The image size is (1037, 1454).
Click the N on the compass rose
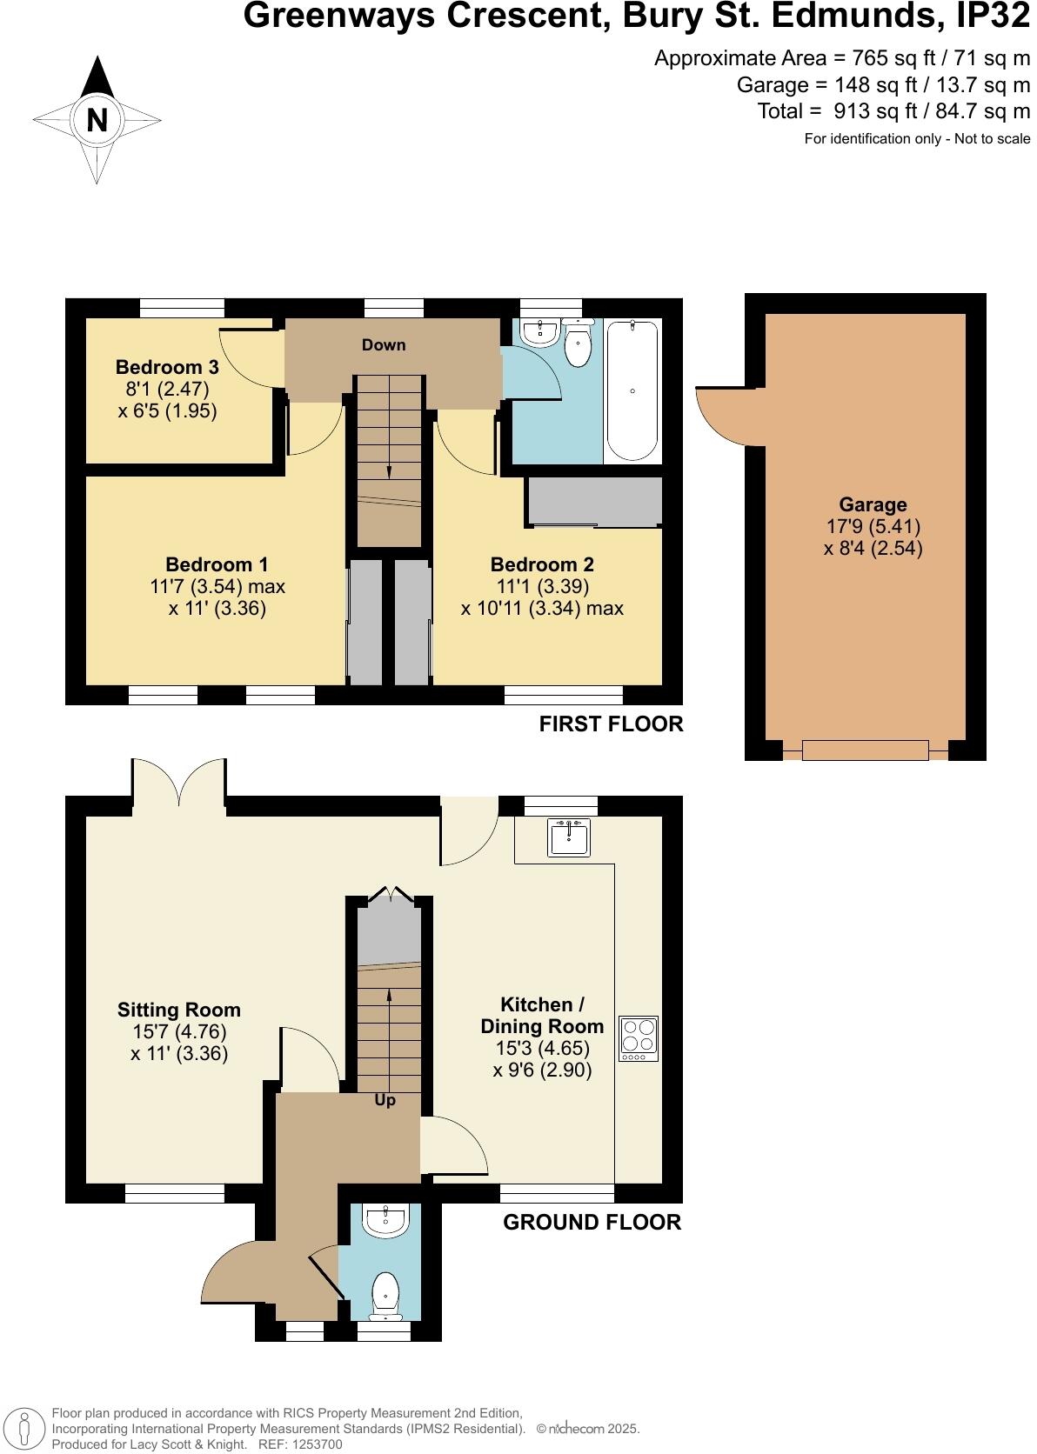pos(97,120)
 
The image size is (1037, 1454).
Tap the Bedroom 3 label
pos(167,367)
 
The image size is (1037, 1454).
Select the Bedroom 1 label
pos(217,564)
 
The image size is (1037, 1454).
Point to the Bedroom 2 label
pos(541,564)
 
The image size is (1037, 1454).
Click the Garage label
pos(872,504)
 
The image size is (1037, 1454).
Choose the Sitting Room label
pos(178,1010)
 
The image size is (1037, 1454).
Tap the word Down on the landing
pos(383,344)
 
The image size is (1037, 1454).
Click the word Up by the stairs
pos(385,1099)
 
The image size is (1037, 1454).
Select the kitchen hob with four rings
pos(639,1038)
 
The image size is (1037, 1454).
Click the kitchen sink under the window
pos(568,837)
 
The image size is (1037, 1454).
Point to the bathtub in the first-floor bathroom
pos(632,390)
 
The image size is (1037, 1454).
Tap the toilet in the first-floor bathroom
pos(578,343)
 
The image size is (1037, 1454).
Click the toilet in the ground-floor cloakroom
pos(385,1296)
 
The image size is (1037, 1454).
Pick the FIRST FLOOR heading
pos(611,724)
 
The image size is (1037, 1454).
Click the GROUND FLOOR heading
pos(592,1222)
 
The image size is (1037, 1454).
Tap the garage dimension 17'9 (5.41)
pos(873,526)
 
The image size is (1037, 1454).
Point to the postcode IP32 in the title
pos(993,16)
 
